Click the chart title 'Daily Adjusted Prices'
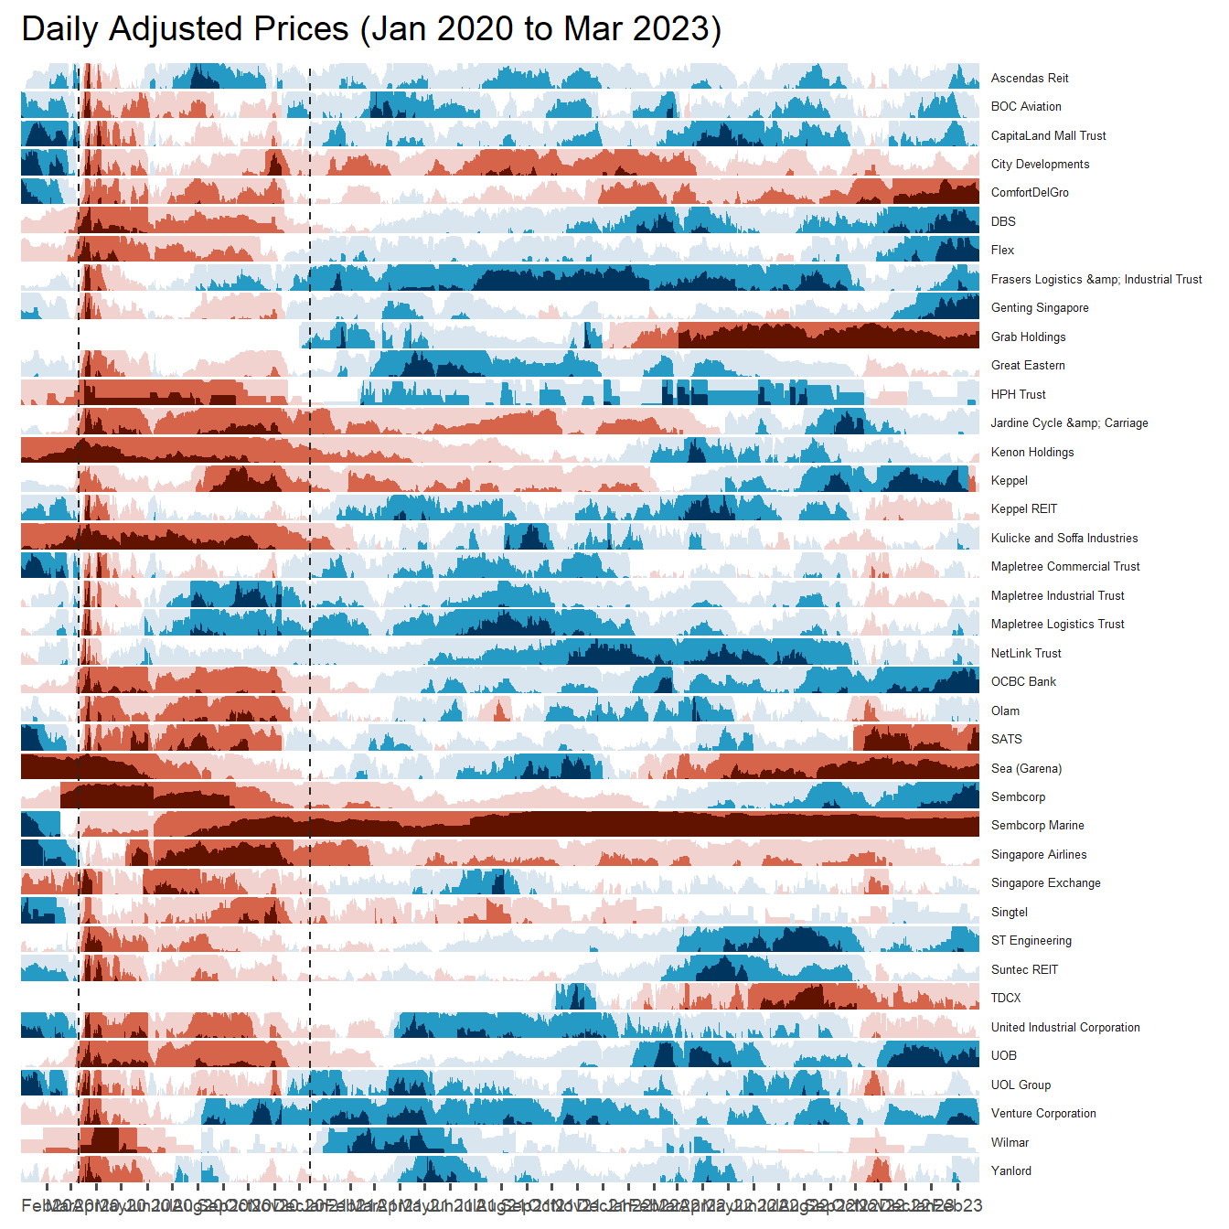coord(370,29)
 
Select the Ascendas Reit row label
coord(1030,78)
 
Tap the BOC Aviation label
coord(1026,107)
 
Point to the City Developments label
coord(1040,165)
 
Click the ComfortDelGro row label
coord(1030,193)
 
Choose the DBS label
coord(1003,221)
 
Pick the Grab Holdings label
coord(1028,337)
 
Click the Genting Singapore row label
coord(1040,308)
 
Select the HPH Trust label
coord(1018,394)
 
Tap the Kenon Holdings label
coord(1032,452)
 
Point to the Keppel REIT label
coord(1024,509)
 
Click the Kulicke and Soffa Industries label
coord(1064,539)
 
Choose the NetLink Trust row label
coord(1026,653)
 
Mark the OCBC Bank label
coord(1023,682)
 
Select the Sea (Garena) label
coord(1026,768)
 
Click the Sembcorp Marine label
coord(1038,826)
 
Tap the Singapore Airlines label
coord(1039,855)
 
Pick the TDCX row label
coord(1006,999)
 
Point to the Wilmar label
coord(1010,1142)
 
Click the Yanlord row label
coord(1011,1171)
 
